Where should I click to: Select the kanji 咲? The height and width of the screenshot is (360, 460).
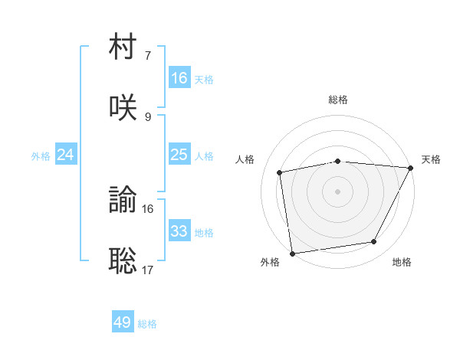(123, 108)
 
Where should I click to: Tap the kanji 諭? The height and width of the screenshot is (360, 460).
(123, 201)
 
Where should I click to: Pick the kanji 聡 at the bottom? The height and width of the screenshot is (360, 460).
(123, 260)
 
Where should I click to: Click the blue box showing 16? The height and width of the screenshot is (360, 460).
(179, 78)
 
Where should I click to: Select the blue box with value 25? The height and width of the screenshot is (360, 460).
(179, 155)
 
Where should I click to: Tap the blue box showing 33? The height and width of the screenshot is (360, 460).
(179, 231)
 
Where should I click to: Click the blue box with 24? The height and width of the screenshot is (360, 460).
(66, 155)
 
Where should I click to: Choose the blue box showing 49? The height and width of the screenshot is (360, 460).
(123, 322)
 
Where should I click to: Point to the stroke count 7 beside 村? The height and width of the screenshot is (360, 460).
(148, 56)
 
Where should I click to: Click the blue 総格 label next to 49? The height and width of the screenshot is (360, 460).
(147, 324)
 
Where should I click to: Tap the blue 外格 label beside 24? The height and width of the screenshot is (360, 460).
(41, 156)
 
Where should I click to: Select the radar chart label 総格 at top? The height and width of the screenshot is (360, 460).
(338, 100)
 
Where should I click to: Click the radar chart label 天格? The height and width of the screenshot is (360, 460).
(431, 159)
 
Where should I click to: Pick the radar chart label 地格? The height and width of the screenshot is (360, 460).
(402, 262)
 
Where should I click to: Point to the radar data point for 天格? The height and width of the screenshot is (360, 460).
(412, 168)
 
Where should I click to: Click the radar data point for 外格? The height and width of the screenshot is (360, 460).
(292, 253)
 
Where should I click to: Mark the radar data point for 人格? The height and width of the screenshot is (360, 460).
(281, 172)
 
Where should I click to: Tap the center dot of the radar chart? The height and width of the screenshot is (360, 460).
(338, 191)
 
